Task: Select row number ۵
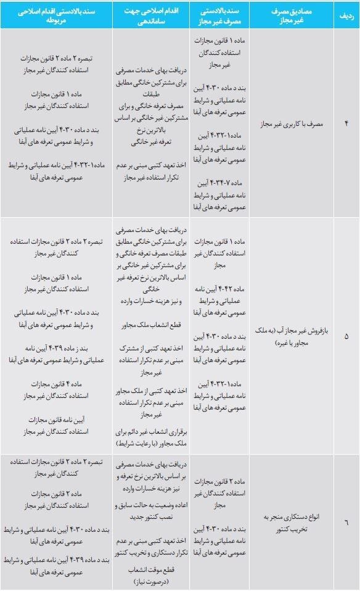coord(345,336)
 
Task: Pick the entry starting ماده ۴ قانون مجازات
coord(57,389)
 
